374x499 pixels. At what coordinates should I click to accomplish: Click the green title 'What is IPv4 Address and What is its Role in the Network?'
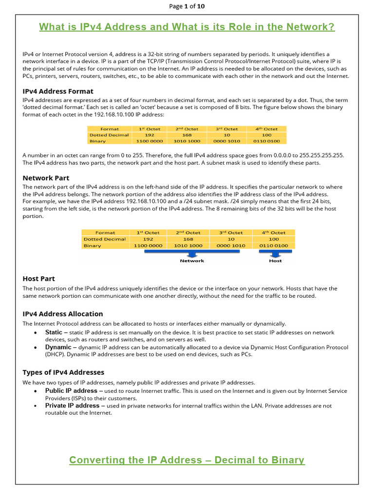pos(187,27)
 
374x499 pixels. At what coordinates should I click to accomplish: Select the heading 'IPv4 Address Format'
pos(58,91)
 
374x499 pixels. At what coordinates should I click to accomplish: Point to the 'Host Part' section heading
pos(39,279)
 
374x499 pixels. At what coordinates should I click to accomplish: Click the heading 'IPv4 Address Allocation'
pos(63,314)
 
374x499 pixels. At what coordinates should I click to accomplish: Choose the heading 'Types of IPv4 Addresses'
pos(63,373)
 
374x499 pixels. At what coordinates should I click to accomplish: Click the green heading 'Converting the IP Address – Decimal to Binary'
pos(187,460)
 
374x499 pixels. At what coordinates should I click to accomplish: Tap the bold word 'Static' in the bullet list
pos(54,332)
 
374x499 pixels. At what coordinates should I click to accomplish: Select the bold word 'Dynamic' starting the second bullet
pos(58,347)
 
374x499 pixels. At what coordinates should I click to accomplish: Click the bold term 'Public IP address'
pos(71,391)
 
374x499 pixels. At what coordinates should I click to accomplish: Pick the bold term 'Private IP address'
pos(72,405)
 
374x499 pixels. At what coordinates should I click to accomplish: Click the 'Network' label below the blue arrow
pos(192,261)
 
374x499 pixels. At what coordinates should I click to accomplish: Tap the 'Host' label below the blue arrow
pos(275,261)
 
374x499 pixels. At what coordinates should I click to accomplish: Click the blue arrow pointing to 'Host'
pos(275,252)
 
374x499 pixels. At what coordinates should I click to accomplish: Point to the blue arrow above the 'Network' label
pos(192,252)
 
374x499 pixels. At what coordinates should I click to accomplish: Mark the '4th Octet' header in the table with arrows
pos(274,232)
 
